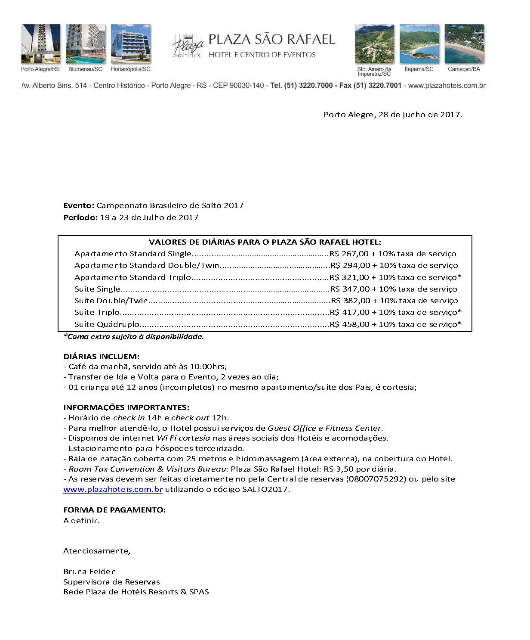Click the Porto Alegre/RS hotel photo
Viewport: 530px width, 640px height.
pos(41,44)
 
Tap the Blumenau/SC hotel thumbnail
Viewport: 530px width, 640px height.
pos(86,44)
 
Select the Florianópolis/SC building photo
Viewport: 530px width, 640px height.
pos(131,44)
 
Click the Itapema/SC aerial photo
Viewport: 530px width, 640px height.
pos(419,44)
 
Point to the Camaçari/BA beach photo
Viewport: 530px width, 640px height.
pos(464,44)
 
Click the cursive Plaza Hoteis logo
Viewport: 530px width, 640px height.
pos(188,47)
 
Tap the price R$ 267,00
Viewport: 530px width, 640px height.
pos(349,254)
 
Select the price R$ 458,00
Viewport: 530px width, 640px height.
pos(350,324)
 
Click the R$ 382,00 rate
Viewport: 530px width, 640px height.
pos(351,301)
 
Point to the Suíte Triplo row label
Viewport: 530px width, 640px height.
pos(97,312)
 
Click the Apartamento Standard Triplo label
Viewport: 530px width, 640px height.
pos(132,277)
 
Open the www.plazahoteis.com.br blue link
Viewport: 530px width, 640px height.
pos(113,489)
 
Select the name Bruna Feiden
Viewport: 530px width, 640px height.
pos(89,572)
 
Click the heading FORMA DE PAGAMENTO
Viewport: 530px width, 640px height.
pos(114,510)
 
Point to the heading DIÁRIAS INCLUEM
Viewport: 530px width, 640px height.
pos(101,357)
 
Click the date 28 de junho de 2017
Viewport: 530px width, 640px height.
pos(419,115)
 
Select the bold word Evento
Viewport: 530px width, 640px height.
pos(78,205)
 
